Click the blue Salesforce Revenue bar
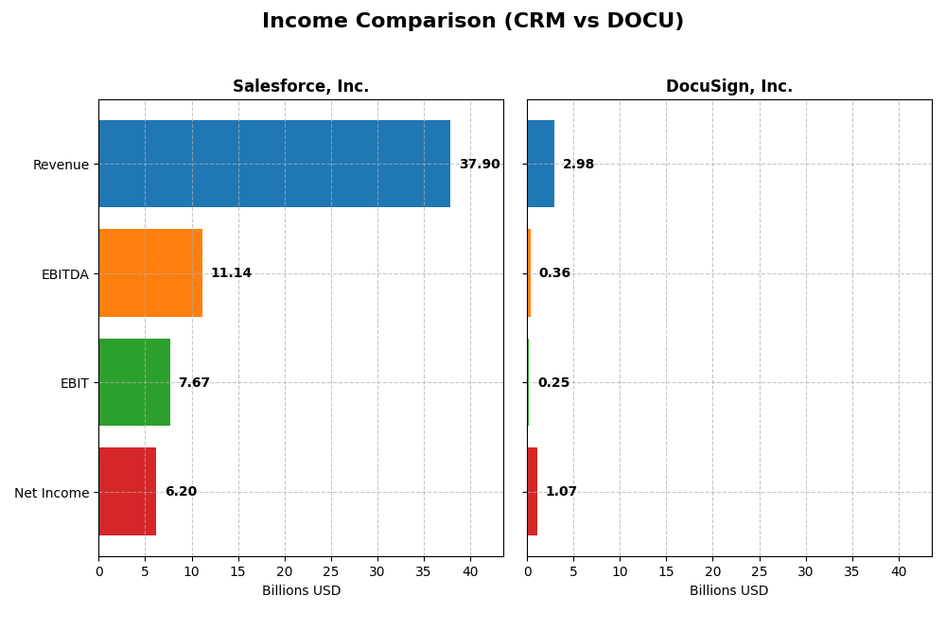(x=274, y=164)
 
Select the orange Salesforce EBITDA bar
(x=150, y=272)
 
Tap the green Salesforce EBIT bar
(x=134, y=382)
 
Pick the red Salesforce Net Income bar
(x=128, y=491)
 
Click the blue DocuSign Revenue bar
(x=540, y=164)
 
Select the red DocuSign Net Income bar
(x=532, y=491)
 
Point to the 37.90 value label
(x=480, y=165)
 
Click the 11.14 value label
(x=231, y=273)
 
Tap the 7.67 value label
(x=194, y=383)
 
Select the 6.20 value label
(x=181, y=492)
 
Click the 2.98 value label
(x=578, y=165)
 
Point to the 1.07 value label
(x=561, y=492)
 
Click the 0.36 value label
(x=554, y=273)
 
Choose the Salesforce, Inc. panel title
(x=301, y=87)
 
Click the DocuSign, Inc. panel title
(x=728, y=87)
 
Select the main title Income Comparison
(x=473, y=22)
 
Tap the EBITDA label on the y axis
(x=64, y=274)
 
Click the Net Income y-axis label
(x=51, y=493)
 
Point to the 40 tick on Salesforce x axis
(x=470, y=572)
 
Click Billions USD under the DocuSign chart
(x=728, y=591)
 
